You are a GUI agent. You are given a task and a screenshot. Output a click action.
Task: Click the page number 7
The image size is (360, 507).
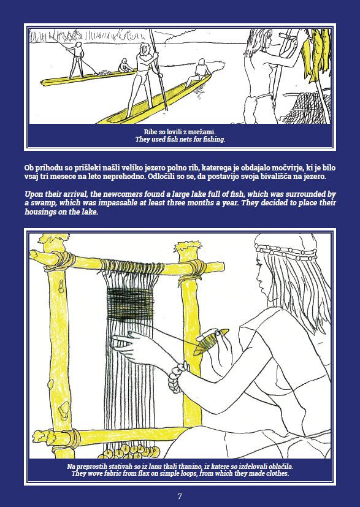(180, 497)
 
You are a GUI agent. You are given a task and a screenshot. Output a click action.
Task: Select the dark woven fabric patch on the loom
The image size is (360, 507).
(130, 305)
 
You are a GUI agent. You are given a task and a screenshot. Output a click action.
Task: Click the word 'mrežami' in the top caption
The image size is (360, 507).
(202, 132)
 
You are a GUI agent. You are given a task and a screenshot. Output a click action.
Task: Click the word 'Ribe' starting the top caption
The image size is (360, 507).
(150, 132)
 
